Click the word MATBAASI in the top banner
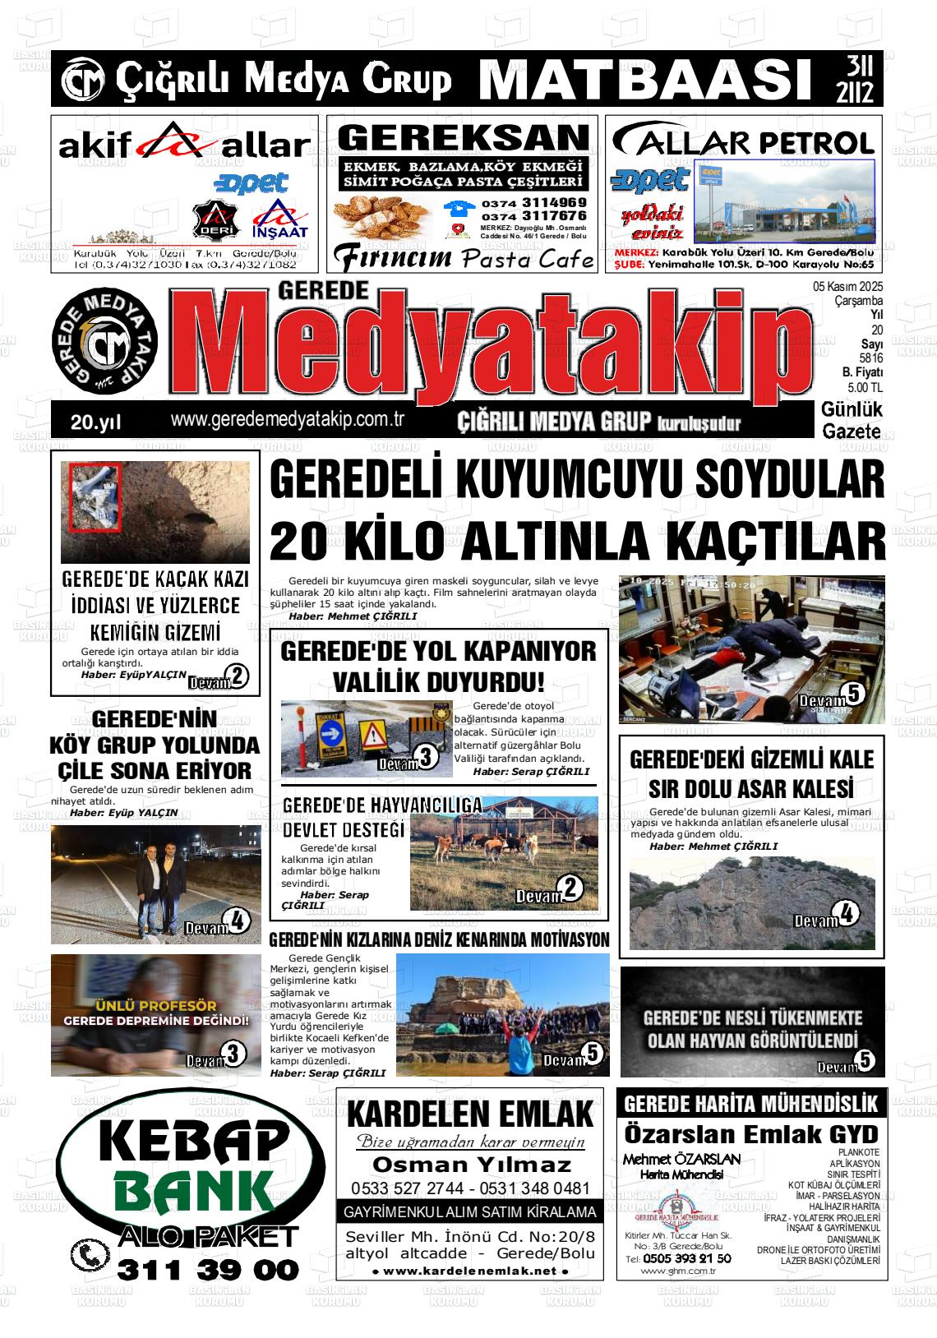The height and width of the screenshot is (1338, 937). coord(641,80)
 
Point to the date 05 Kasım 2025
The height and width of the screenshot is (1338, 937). coord(847,288)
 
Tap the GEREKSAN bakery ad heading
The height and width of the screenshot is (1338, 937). coord(463,137)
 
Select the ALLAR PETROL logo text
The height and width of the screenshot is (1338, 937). coord(744,142)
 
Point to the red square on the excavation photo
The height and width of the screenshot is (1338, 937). coord(95,499)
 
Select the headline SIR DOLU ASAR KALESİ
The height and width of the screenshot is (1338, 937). coord(750,788)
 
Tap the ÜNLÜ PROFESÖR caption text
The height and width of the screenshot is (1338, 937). coord(156,1005)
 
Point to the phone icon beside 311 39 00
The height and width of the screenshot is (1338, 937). coord(89,1256)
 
